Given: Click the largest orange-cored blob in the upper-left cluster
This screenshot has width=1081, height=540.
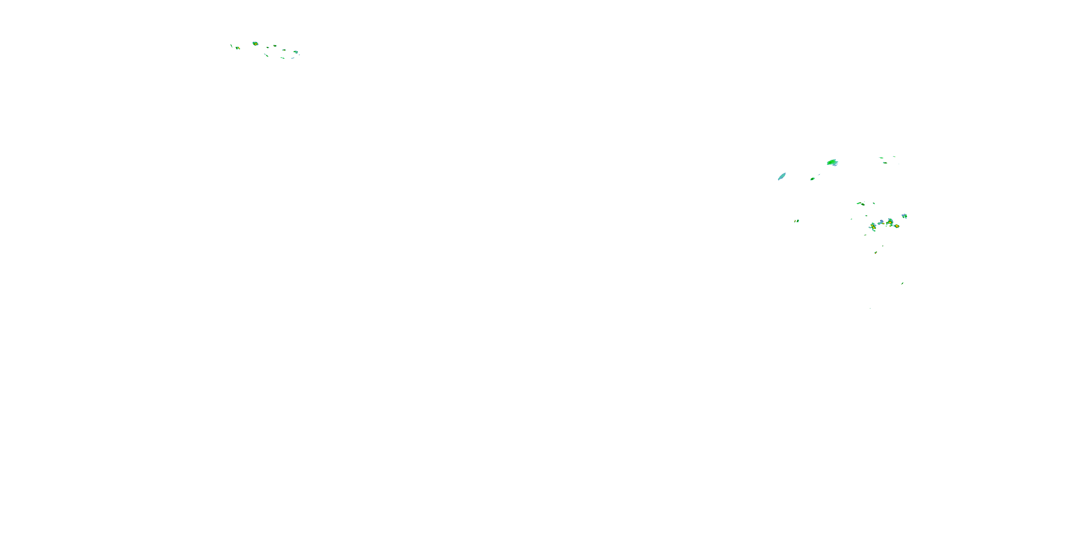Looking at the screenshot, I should (x=255, y=44).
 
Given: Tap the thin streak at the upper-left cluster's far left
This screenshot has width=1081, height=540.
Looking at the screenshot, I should (x=231, y=45).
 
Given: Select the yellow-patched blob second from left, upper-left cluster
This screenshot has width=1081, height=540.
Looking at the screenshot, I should (x=238, y=48).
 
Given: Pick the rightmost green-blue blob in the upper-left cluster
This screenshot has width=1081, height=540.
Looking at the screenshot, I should (x=296, y=53).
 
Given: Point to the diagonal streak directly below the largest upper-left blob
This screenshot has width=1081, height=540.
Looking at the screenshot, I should (x=266, y=55).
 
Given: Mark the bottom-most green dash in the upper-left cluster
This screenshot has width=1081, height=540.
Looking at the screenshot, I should (x=283, y=58).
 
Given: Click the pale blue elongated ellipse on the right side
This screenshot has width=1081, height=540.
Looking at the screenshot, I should (x=781, y=176).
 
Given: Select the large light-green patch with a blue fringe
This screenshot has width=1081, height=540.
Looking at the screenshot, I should (x=832, y=162).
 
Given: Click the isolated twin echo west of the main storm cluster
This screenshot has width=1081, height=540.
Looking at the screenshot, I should (x=796, y=221).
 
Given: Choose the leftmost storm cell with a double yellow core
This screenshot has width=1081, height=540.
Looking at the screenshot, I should (x=873, y=226).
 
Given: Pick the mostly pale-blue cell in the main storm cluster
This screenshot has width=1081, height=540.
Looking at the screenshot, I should (x=881, y=222).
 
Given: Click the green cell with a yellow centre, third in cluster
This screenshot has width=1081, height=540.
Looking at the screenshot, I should (x=890, y=222).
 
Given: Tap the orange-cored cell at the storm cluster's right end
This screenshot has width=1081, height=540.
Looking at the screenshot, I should (x=897, y=226).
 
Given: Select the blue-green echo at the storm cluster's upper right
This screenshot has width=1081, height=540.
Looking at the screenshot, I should (x=904, y=216).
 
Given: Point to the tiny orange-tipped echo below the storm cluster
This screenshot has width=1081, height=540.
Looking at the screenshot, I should (x=876, y=252).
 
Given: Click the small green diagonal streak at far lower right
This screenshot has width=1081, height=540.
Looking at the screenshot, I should (x=902, y=283).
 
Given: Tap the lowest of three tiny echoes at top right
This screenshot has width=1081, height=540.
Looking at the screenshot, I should (x=885, y=163).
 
